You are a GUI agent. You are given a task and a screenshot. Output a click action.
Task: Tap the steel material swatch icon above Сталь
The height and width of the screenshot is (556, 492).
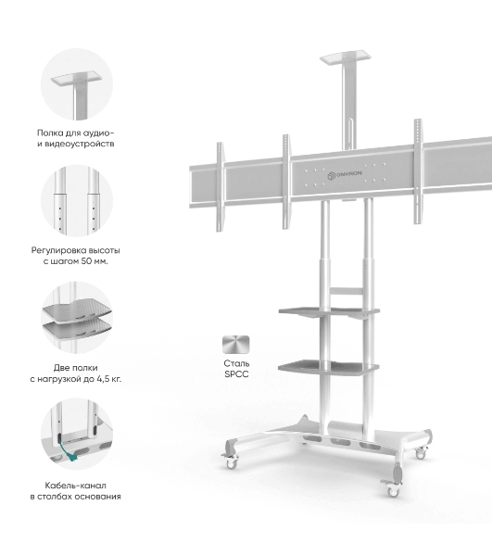click(236, 345)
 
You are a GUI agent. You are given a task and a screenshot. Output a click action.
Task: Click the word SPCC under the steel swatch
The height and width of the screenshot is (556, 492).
click(236, 374)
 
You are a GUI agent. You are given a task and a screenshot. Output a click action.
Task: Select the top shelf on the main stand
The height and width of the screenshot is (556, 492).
click(346, 58)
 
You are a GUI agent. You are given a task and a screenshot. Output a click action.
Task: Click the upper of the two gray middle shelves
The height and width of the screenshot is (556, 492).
click(329, 311)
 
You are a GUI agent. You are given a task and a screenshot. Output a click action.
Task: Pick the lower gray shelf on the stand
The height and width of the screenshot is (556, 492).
click(328, 367)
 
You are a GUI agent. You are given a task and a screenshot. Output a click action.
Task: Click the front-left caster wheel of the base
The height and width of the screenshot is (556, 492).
click(232, 462)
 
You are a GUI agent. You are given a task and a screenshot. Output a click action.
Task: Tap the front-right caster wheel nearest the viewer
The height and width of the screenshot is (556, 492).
click(393, 491)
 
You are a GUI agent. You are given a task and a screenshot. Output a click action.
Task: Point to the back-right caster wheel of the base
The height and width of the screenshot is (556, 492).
click(421, 453)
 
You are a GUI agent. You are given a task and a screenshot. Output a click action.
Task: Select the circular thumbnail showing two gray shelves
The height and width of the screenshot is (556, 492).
click(77, 317)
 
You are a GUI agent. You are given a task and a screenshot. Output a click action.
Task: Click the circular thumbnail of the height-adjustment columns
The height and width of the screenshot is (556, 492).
click(77, 200)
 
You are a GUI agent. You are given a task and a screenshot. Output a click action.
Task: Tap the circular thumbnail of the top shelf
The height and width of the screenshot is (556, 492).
click(77, 84)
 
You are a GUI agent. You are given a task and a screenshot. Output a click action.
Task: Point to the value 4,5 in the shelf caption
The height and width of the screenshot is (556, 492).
click(103, 379)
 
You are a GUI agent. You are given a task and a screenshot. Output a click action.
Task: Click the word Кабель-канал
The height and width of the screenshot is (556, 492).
click(75, 485)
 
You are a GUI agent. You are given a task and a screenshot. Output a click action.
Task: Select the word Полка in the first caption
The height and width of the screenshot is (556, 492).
click(49, 133)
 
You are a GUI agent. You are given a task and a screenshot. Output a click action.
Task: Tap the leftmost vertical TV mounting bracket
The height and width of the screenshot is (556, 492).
click(221, 187)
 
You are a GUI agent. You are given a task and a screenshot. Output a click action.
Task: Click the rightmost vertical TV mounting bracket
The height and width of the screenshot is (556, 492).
click(418, 171)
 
